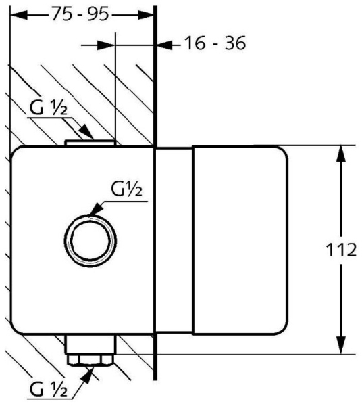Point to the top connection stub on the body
(x=90, y=141)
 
